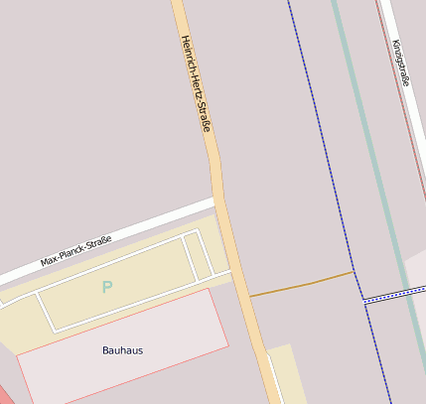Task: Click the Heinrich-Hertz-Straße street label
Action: pos(195,83)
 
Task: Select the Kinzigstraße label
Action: pos(400,64)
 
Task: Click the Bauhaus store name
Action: pos(122,350)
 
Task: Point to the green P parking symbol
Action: pos(107,288)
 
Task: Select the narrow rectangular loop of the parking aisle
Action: pos(198,256)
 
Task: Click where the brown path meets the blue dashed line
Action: pos(354,272)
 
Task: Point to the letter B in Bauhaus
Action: pos(106,350)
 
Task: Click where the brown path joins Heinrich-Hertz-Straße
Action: pos(248,296)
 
